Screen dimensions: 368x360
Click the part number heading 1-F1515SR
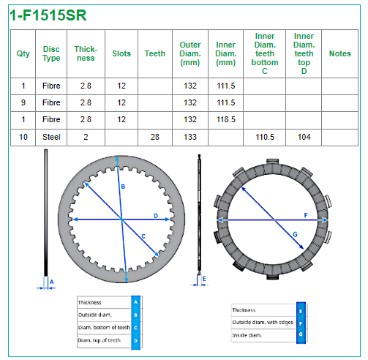[48, 15]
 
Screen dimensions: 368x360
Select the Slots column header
[121, 53]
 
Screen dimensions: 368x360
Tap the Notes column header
[340, 53]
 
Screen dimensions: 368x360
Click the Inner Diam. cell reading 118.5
[226, 119]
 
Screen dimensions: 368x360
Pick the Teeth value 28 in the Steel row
[155, 137]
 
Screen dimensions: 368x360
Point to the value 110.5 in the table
[265, 137]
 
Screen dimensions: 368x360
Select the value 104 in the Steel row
[304, 137]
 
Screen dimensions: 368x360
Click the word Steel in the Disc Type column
[51, 137]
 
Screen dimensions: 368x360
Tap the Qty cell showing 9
[23, 102]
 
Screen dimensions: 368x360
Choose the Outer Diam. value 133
[190, 137]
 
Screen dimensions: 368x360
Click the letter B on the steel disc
[123, 187]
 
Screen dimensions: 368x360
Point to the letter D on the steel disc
[156, 216]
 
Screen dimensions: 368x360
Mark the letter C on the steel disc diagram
[143, 236]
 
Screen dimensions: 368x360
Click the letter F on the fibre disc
[306, 215]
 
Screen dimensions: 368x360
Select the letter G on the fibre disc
[295, 234]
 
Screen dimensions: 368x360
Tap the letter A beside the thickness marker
[51, 282]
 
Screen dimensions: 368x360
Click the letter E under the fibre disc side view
[204, 279]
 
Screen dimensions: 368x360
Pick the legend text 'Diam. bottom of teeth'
[104, 327]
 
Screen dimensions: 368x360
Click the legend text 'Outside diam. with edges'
[263, 322]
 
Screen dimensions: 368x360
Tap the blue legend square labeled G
[301, 334]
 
